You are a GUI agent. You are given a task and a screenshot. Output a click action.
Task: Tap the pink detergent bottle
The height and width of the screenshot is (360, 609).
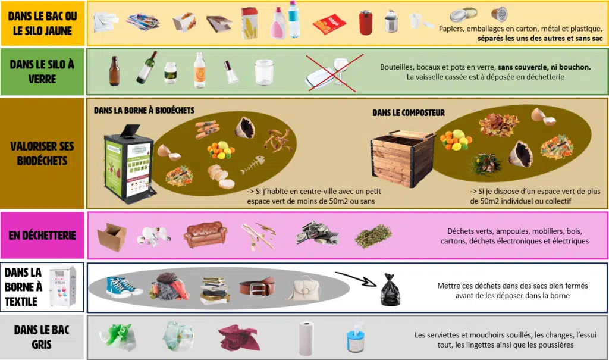tap(278, 24)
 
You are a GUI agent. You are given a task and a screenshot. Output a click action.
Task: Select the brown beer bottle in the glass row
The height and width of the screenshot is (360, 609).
tap(114, 71)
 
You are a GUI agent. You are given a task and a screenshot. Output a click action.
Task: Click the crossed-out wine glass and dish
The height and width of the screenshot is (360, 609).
tap(334, 73)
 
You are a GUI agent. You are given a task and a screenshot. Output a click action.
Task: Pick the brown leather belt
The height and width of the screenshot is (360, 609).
tap(257, 287)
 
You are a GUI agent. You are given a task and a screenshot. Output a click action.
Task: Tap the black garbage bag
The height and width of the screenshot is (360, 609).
tap(390, 289)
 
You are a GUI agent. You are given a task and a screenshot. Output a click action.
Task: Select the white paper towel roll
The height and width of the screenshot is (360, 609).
tap(306, 338)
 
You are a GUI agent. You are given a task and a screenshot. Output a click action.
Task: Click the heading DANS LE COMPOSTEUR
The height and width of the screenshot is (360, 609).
tap(409, 113)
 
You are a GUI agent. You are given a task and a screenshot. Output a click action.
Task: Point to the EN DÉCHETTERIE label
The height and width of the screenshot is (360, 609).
tap(42, 235)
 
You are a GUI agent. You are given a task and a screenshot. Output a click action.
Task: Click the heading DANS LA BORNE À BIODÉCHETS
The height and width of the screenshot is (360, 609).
tap(144, 111)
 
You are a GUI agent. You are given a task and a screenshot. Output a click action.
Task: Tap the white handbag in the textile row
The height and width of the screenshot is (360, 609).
tap(304, 289)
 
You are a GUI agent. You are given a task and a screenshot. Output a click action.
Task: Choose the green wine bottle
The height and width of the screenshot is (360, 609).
tap(147, 67)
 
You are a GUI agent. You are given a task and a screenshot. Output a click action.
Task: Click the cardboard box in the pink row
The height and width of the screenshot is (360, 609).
tap(112, 237)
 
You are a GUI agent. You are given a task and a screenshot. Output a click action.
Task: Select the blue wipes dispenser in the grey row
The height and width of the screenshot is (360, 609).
tap(356, 337)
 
